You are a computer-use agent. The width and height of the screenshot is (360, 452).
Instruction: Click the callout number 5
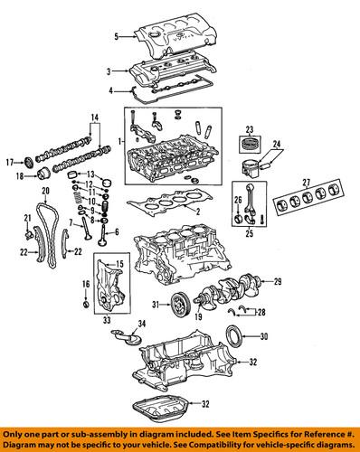coord(116,37)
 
